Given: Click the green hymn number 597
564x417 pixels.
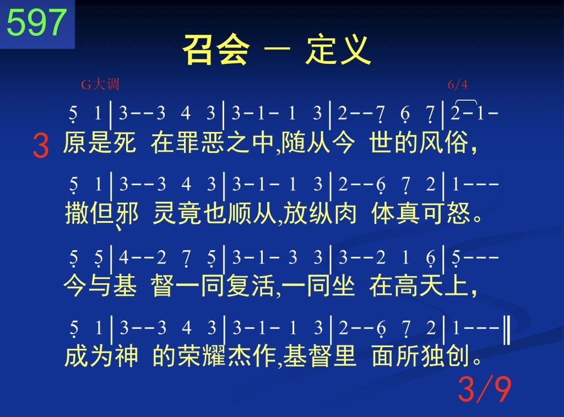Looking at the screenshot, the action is click(37, 22).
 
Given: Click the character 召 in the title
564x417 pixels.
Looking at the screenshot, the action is click(199, 50).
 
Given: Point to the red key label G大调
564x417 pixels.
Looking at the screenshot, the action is click(100, 84).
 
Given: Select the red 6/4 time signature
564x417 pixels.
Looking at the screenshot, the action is click(458, 84).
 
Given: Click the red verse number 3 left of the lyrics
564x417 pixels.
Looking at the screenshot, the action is click(41, 145).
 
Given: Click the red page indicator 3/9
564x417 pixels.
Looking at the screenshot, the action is click(485, 389).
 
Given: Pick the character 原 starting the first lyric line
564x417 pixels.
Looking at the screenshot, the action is click(75, 142).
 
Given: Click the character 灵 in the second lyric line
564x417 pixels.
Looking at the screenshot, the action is click(165, 213).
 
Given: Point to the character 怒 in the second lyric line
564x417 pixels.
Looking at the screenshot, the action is click(458, 213).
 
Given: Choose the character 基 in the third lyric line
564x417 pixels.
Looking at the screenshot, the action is click(125, 286).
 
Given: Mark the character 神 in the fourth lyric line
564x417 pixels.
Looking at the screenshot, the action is click(127, 356).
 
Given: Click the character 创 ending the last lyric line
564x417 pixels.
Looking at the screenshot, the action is click(458, 356).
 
